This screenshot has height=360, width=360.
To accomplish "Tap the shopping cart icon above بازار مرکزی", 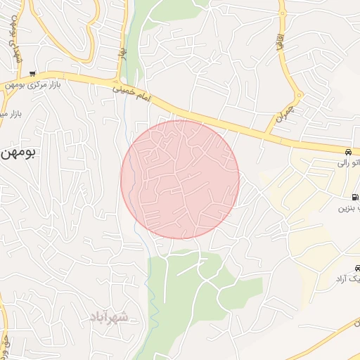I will click(x=33, y=73).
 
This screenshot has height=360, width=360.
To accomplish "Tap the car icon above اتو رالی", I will click(x=349, y=152).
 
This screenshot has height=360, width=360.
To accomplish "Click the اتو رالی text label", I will click(x=349, y=163).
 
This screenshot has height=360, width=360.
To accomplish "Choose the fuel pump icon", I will click(x=352, y=197).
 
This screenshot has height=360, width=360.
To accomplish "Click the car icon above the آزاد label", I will click(x=357, y=268).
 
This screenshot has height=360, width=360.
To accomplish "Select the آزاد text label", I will click(x=349, y=279).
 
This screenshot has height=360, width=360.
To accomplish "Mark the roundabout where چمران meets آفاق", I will click(x=299, y=94).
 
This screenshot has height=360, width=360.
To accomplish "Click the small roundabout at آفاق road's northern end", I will click(x=282, y=11).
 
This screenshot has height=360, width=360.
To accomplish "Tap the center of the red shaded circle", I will click(x=180, y=179).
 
